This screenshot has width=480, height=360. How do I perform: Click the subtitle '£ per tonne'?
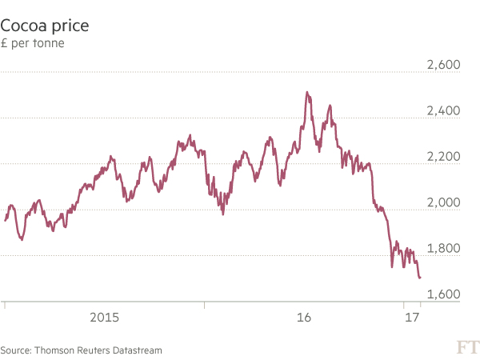[x=33, y=43]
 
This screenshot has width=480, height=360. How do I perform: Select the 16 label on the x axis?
[x=303, y=318]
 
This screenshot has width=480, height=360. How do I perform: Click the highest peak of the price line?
[x=307, y=92]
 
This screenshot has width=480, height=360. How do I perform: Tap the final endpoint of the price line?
[x=421, y=278]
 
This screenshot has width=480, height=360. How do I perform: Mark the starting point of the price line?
[x=5, y=221]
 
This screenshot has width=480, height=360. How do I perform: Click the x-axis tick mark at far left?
[x=5, y=306]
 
